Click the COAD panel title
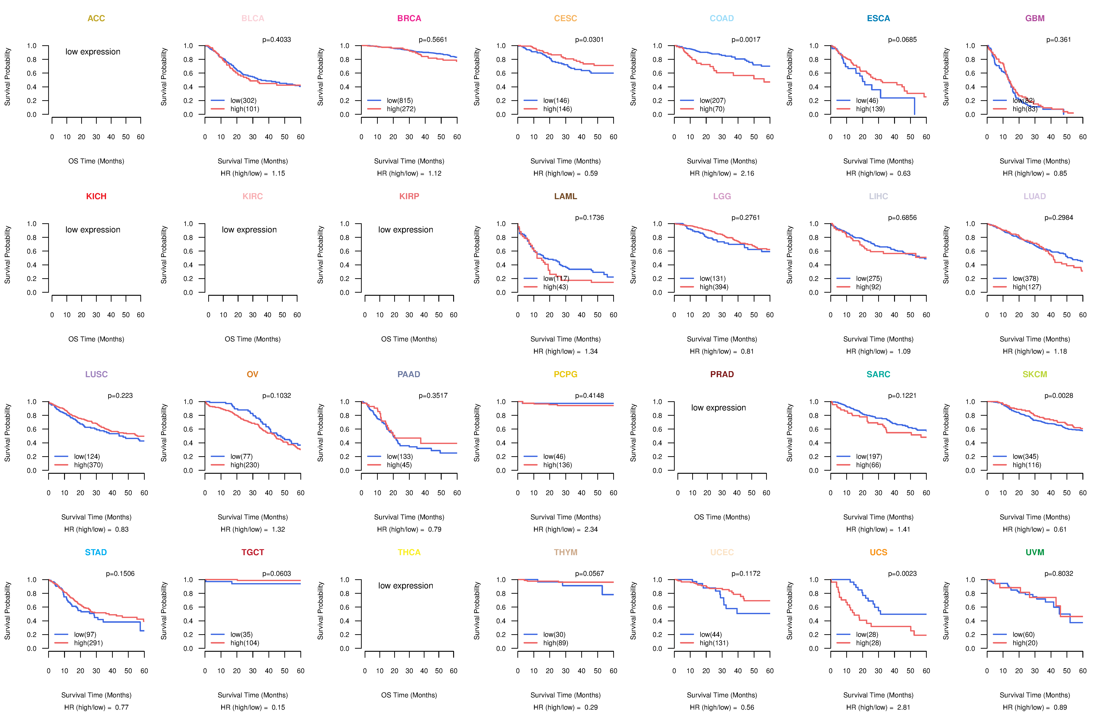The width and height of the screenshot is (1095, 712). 721,18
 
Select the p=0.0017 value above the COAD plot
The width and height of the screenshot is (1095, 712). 746,40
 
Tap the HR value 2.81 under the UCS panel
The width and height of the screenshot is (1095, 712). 904,707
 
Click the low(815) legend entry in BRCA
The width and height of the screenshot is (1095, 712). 399,100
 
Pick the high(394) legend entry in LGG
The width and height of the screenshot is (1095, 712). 714,287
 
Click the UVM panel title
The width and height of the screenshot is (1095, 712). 1035,552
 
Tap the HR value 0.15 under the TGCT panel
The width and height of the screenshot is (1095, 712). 278,707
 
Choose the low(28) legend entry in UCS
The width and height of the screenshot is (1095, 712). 867,634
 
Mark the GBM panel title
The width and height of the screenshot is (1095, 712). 1035,18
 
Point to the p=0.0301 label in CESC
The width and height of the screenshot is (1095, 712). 589,40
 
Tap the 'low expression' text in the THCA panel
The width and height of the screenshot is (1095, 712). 405,585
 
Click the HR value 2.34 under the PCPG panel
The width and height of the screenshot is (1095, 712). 591,529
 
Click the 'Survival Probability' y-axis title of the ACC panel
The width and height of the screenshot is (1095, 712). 7,77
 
